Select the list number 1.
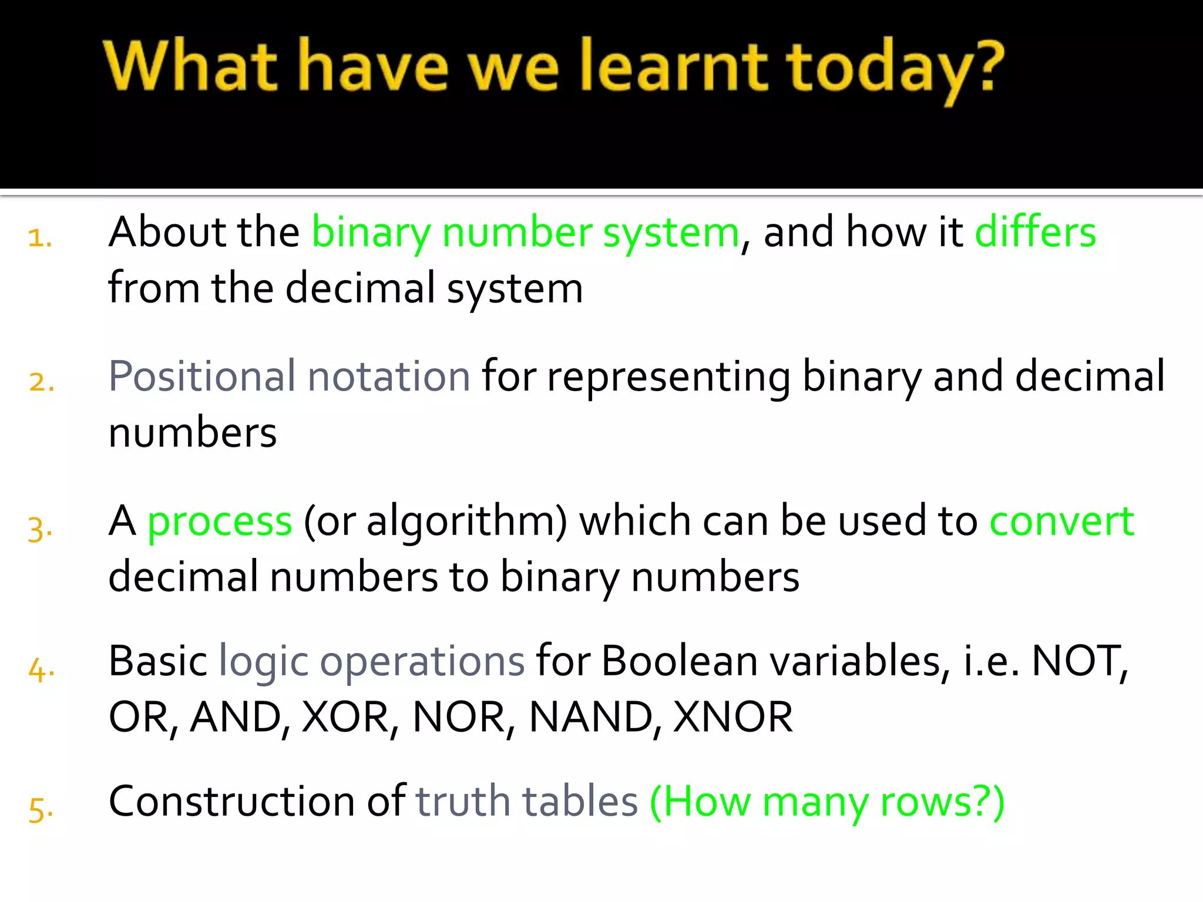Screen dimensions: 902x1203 pyautogui.click(x=39, y=238)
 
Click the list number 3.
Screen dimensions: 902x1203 pyautogui.click(x=39, y=528)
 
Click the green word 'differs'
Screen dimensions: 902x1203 pyautogui.click(x=1035, y=232)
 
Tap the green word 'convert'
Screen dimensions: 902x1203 pyautogui.click(x=1061, y=521)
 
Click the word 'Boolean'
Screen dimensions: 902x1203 pyautogui.click(x=680, y=662)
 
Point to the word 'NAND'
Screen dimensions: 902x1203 pyautogui.click(x=591, y=718)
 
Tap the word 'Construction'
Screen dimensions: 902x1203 pyautogui.click(x=232, y=802)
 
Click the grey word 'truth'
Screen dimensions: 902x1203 pyautogui.click(x=463, y=802)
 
